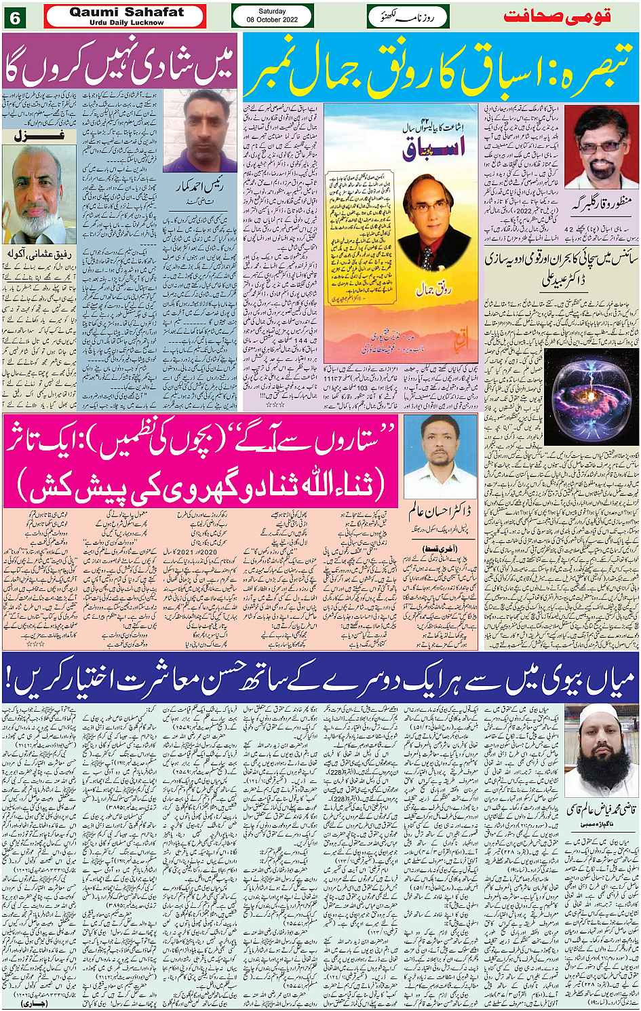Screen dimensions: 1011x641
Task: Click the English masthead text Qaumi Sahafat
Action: coord(126,12)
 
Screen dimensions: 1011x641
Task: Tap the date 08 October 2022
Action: coord(272,20)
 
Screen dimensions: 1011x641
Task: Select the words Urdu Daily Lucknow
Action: coord(126,22)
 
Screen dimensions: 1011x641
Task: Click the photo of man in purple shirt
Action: coord(200,132)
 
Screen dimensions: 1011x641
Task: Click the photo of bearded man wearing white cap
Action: coord(600,750)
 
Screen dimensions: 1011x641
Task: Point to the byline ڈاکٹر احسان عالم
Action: coord(440,510)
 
